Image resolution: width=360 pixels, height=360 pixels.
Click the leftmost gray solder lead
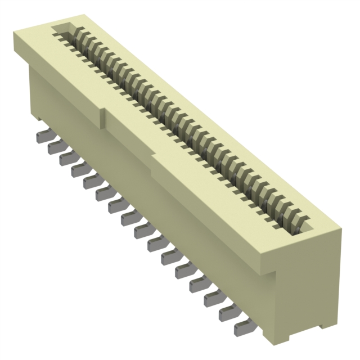(42, 137)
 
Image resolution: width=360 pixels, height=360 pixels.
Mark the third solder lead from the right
(215, 299)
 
